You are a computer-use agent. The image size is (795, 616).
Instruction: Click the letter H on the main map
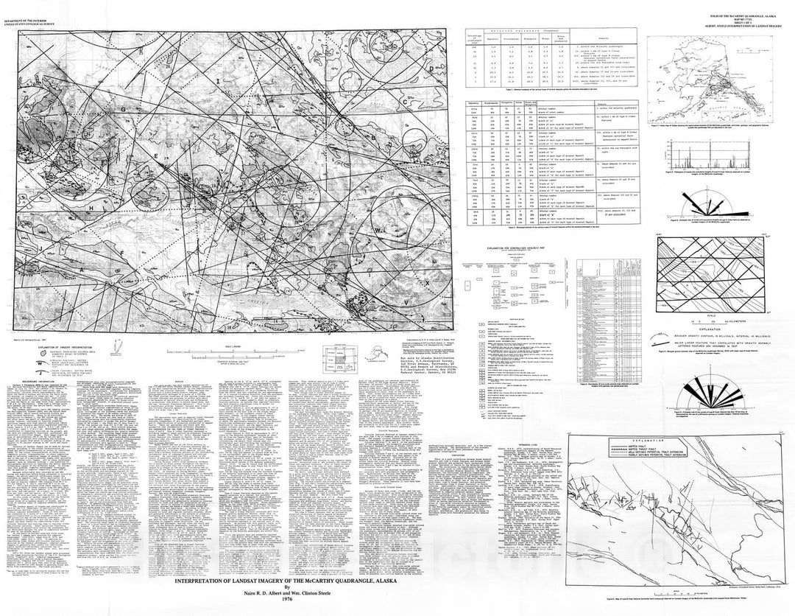(x=91, y=208)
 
